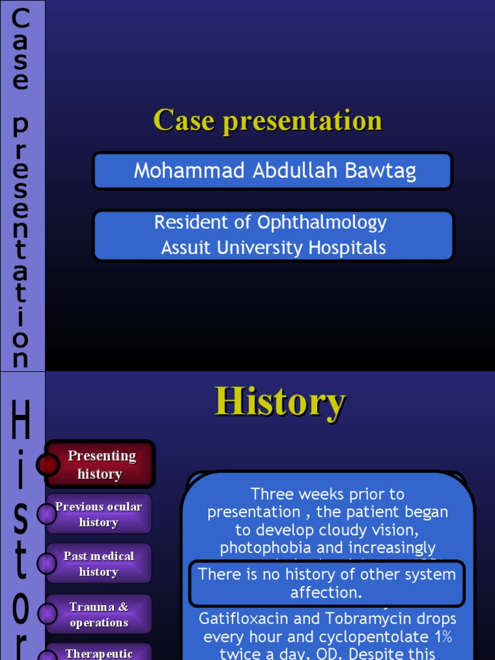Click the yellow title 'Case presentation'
[267, 121]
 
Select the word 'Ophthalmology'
[322, 222]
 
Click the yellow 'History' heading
[280, 402]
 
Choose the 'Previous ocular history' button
[99, 514]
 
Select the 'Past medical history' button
[99, 564]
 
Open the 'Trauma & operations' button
[99, 614]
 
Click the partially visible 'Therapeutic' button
[99, 653]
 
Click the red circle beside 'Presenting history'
[48, 464]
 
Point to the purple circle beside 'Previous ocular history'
[46, 514]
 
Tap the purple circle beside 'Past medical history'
[46, 564]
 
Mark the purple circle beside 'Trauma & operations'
[46, 614]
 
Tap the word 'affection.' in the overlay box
[327, 592]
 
